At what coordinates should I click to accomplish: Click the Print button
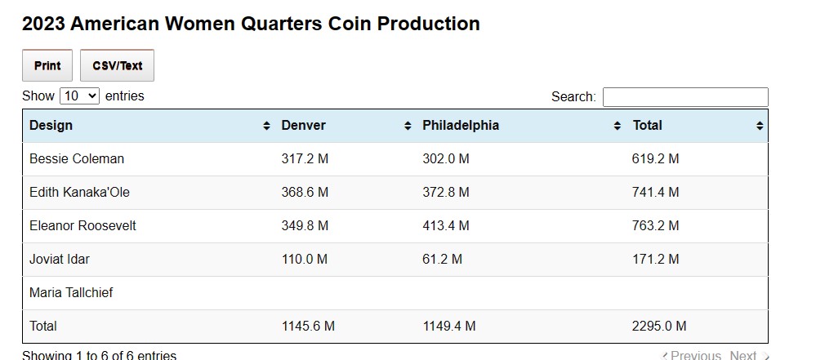[x=47, y=66]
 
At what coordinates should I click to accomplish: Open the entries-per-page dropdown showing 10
[x=79, y=96]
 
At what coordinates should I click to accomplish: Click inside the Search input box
[x=684, y=97]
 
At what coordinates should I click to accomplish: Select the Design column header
[x=51, y=126]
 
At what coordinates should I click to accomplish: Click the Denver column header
[x=303, y=126]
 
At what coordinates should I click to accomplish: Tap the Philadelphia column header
[x=460, y=126]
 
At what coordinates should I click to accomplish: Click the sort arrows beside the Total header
[x=760, y=126]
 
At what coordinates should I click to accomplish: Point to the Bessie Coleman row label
[x=76, y=159]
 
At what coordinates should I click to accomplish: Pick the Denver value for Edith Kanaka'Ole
[x=305, y=193]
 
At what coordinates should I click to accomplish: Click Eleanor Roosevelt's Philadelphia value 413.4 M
[x=446, y=226]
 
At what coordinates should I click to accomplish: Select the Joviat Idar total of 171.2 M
[x=655, y=260]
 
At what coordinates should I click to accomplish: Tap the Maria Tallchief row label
[x=71, y=293]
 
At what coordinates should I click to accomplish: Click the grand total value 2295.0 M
[x=658, y=327]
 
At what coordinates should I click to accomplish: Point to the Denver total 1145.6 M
[x=308, y=327]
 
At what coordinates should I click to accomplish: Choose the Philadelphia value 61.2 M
[x=442, y=260]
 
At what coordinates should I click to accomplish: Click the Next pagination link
[x=743, y=355]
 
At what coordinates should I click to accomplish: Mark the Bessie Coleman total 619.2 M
[x=655, y=159]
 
